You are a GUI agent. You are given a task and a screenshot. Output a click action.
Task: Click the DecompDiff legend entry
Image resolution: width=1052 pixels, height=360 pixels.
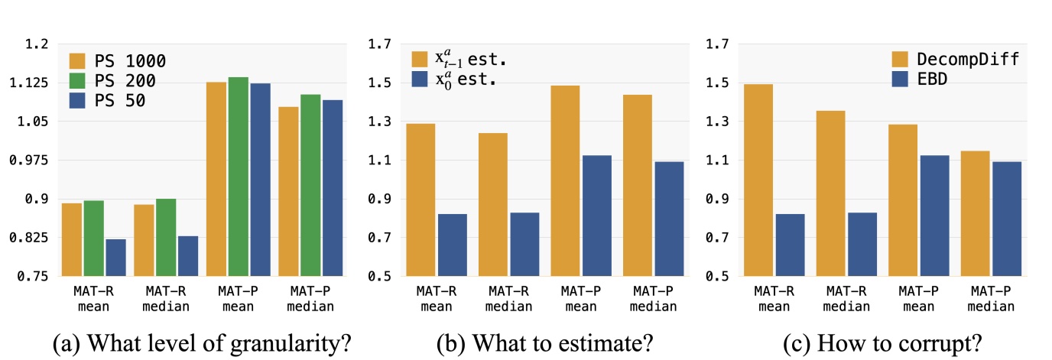pyautogui.click(x=955, y=60)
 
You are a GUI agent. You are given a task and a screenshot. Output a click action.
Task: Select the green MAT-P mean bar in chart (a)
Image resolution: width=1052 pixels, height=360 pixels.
pyautogui.click(x=238, y=177)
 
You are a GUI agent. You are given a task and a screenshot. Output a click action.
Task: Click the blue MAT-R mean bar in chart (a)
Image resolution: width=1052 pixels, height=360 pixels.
pyautogui.click(x=115, y=258)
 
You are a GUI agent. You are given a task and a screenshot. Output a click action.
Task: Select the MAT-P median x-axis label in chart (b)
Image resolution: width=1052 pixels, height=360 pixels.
pyautogui.click(x=652, y=299)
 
